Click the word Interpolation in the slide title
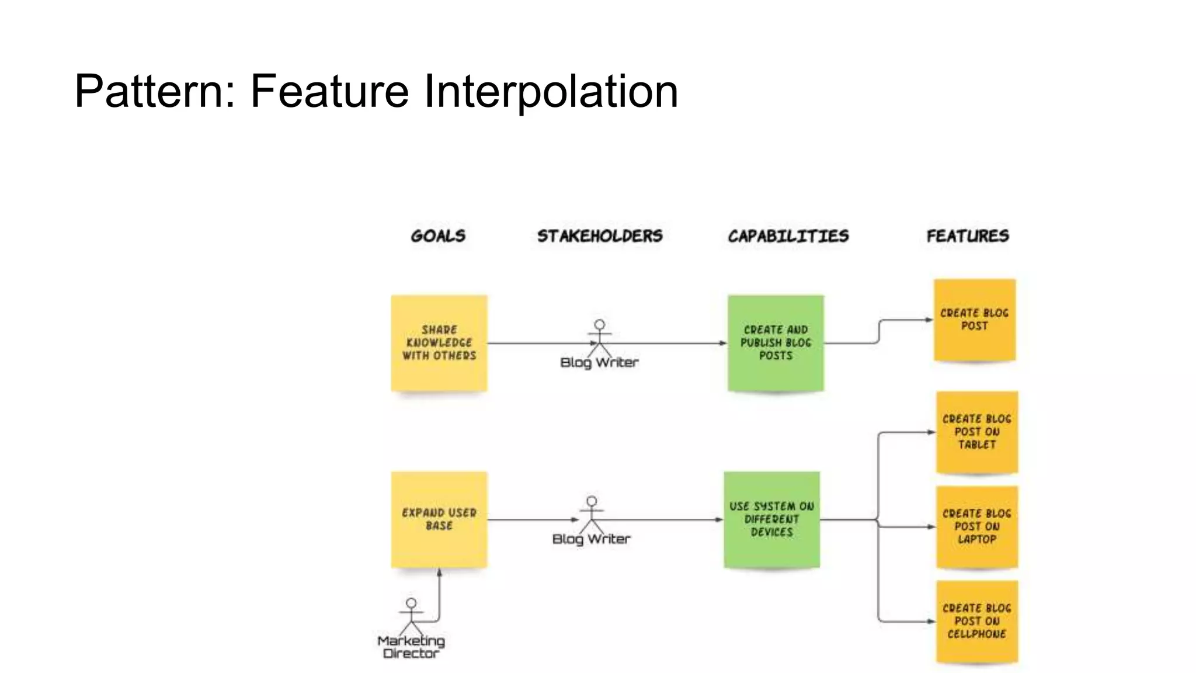click(550, 91)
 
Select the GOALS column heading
click(438, 236)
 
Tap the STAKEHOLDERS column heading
click(600, 236)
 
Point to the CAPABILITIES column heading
click(788, 236)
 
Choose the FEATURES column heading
click(968, 236)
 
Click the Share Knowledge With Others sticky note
click(439, 343)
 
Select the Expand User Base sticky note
click(439, 519)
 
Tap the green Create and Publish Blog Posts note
click(776, 343)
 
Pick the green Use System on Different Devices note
click(771, 519)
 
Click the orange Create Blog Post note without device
click(974, 320)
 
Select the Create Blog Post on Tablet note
click(977, 432)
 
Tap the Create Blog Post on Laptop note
click(977, 527)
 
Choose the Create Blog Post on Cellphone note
click(977, 622)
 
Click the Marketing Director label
click(411, 647)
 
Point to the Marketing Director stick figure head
click(411, 603)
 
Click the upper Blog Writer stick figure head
click(600, 325)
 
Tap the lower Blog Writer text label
click(591, 539)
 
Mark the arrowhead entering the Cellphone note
click(932, 622)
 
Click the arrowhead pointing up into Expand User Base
click(439, 573)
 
